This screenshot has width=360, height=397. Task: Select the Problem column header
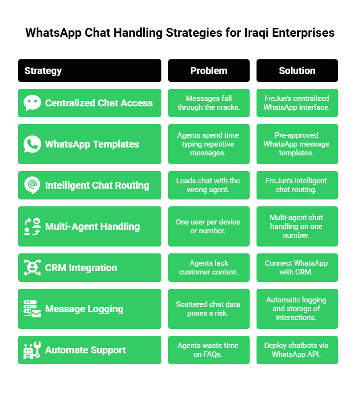(x=209, y=71)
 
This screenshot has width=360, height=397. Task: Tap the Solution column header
(x=297, y=71)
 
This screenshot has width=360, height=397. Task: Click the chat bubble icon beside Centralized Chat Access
(x=32, y=103)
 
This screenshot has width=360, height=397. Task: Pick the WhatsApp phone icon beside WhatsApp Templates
(x=32, y=144)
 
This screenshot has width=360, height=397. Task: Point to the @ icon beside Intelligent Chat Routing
(x=32, y=185)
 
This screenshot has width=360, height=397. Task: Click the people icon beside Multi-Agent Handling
(x=32, y=226)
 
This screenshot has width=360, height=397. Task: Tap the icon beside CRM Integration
(x=32, y=268)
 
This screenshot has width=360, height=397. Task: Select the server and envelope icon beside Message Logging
(x=32, y=309)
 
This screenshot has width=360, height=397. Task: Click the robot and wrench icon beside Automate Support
(x=32, y=350)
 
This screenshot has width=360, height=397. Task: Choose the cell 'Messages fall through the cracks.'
(x=209, y=103)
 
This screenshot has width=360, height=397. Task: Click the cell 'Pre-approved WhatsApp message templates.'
(x=297, y=144)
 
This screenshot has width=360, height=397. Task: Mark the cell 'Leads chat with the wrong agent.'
(x=209, y=185)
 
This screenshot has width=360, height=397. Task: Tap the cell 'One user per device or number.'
(x=209, y=226)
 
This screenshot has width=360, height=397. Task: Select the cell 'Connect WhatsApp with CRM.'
(x=297, y=268)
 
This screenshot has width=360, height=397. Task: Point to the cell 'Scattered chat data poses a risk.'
(x=209, y=309)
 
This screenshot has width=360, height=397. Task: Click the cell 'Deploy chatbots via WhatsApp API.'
(x=297, y=350)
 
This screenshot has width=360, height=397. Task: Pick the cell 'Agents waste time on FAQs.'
(x=209, y=350)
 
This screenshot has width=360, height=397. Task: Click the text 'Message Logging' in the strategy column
(x=84, y=309)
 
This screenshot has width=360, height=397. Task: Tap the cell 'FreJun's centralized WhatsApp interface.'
(x=297, y=103)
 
